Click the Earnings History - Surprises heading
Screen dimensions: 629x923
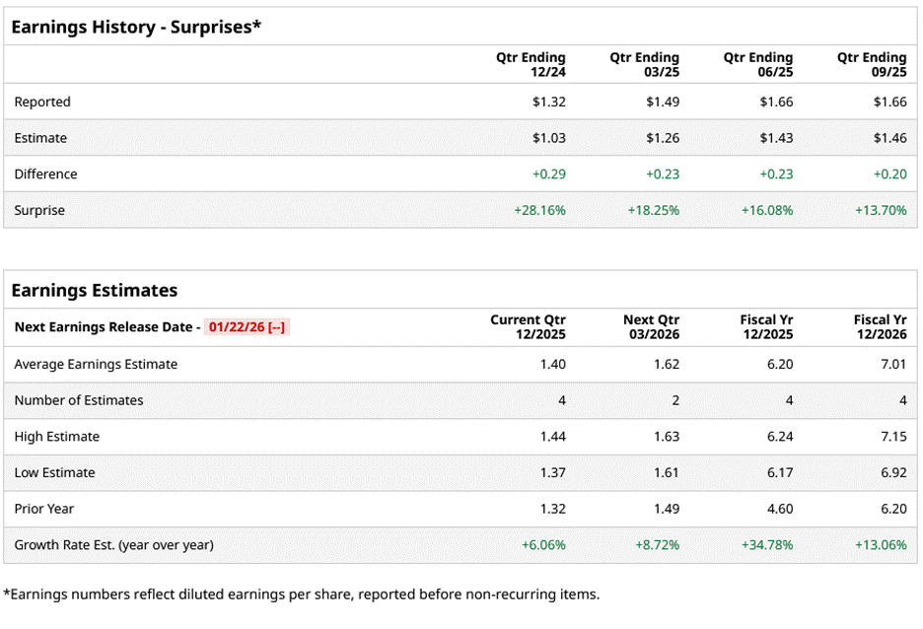136,27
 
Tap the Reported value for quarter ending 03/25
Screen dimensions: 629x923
663,102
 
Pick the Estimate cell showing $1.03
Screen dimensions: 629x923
548,138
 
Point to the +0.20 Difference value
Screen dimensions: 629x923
889,175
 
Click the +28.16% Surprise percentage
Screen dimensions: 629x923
539,210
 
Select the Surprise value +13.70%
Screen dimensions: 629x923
882,210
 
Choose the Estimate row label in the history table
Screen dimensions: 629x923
40,138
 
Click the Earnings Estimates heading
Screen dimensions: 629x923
95,290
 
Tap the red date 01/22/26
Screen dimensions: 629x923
237,327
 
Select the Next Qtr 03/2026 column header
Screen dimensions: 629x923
651,327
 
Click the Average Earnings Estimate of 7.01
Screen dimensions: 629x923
893,364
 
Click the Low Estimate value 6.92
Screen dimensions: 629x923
893,473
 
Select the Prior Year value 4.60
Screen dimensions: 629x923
780,509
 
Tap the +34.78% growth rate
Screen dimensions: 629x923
767,545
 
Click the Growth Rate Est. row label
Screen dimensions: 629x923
113,545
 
